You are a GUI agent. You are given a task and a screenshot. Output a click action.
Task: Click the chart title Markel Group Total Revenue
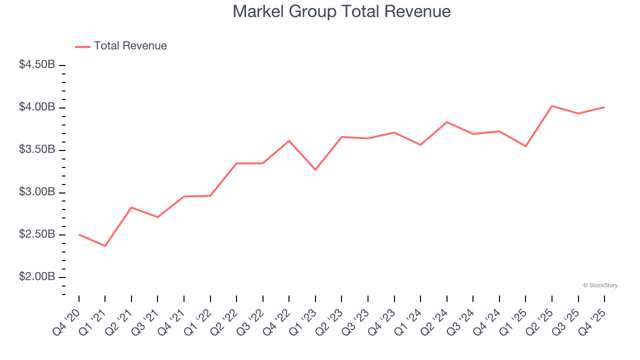[341, 11]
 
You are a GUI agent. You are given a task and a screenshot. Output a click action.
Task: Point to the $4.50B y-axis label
[37, 65]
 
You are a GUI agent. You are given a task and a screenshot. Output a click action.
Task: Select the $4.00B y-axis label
[37, 107]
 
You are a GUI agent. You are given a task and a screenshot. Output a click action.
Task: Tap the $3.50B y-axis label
[37, 150]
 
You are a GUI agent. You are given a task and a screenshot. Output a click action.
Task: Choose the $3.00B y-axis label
[37, 192]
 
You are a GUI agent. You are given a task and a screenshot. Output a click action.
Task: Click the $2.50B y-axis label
[37, 235]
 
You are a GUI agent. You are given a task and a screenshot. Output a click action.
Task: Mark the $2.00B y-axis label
[37, 277]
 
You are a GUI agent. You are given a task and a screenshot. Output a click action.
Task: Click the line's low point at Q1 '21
[105, 246]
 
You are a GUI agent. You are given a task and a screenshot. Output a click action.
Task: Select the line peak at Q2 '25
[552, 106]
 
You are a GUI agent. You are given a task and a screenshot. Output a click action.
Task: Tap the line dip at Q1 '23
[315, 170]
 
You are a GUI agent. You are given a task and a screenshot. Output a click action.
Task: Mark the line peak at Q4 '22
[289, 140]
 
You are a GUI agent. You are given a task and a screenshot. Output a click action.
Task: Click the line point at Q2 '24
[446, 122]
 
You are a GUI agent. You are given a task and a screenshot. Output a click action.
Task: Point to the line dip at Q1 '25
[525, 146]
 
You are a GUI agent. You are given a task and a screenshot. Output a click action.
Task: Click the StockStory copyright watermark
[600, 285]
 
